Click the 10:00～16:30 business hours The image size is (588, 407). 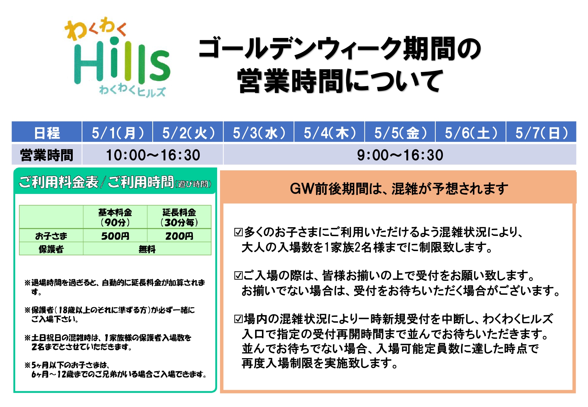(x=153, y=155)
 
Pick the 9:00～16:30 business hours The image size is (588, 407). (x=400, y=155)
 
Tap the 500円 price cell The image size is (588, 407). (x=115, y=236)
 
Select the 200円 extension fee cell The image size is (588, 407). (x=179, y=236)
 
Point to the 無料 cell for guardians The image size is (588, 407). (x=147, y=249)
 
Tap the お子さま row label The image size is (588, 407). (x=51, y=236)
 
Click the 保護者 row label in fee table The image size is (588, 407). (x=51, y=249)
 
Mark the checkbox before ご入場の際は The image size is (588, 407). (x=238, y=276)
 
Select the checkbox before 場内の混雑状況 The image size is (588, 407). (x=238, y=319)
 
